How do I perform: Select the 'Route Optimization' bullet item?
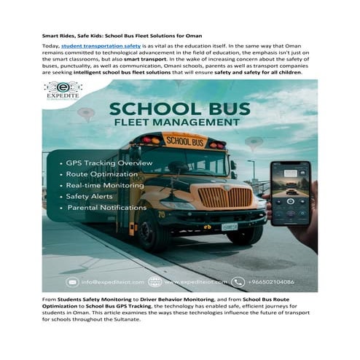click(x=101, y=175)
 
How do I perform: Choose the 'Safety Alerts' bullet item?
click(x=91, y=197)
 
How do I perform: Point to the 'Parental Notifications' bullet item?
click(x=107, y=208)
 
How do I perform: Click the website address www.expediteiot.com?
click(x=194, y=281)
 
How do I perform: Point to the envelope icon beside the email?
click(x=72, y=281)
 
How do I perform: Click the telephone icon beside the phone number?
click(x=238, y=281)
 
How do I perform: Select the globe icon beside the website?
click(x=155, y=281)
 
